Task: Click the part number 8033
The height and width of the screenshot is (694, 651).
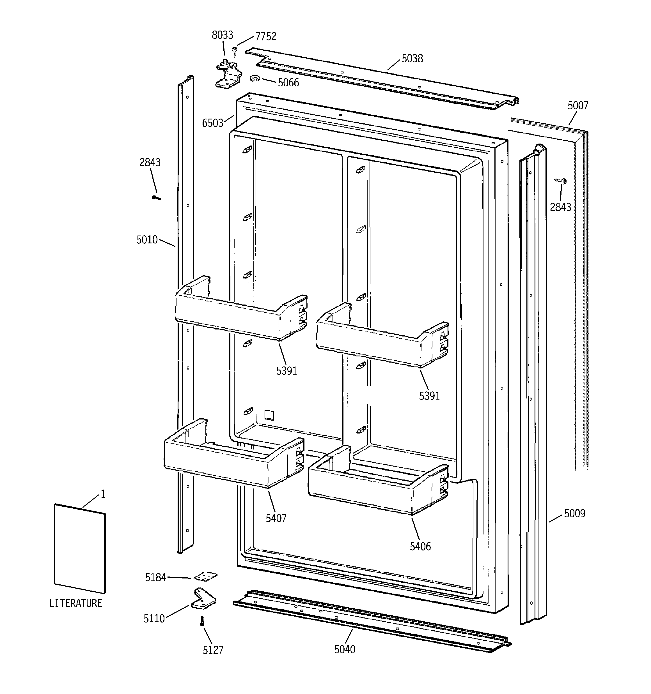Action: (x=222, y=35)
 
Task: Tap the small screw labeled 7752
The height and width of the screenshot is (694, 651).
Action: (x=235, y=52)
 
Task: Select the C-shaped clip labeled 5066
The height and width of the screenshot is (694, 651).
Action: (x=255, y=79)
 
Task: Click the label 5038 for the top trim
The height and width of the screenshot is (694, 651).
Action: (x=412, y=59)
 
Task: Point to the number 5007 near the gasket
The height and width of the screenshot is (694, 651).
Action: (x=577, y=105)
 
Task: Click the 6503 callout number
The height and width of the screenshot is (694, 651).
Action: (x=212, y=123)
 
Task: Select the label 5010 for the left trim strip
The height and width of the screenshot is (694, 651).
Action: (x=147, y=240)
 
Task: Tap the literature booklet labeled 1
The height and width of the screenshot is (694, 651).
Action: (x=80, y=548)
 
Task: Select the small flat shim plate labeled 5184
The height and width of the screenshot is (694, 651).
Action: (x=205, y=577)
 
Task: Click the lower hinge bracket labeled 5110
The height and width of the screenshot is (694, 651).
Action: (x=203, y=598)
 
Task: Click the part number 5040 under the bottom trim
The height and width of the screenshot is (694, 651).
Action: (x=345, y=649)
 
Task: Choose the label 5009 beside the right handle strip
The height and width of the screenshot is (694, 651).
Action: (x=574, y=513)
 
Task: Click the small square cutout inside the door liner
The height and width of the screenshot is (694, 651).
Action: (x=269, y=415)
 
